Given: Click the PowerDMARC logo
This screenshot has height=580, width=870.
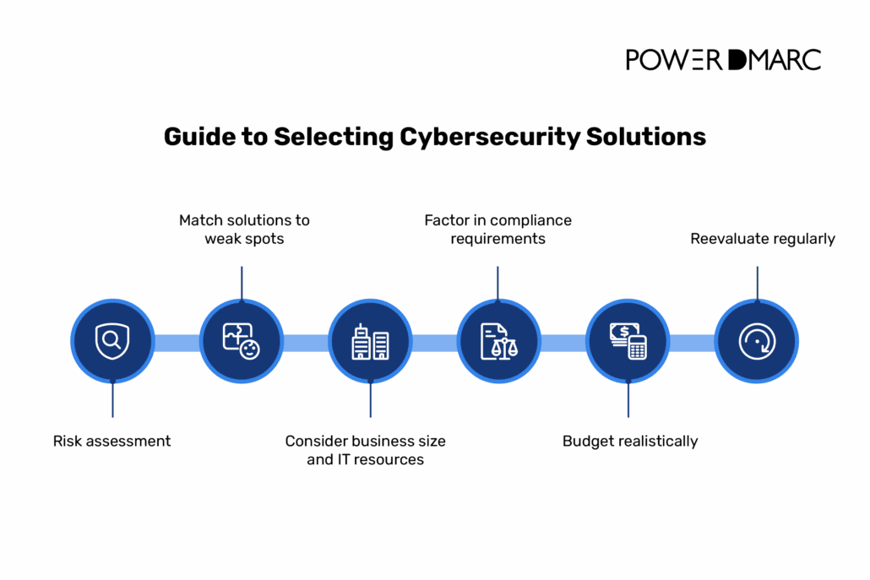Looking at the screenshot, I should coord(723,59).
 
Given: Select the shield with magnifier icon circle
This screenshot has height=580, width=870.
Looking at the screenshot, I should coord(112,342).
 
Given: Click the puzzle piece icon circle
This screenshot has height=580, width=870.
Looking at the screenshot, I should coord(242,342).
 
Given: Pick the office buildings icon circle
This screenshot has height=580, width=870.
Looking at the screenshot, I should coord(370,342).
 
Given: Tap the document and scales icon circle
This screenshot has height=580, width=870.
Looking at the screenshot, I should coord(498,342).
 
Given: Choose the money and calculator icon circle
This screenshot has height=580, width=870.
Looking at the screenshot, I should coord(628,342).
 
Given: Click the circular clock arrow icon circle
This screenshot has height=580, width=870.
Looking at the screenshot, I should coord(756,342).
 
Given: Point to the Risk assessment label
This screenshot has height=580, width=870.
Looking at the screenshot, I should coord(111,441).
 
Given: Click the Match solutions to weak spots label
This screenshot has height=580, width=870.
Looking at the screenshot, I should coord(244,230).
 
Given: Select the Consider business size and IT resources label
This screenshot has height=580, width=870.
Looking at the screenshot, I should coord(365,450).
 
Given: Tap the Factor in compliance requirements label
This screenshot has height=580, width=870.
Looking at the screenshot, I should coord(498,230).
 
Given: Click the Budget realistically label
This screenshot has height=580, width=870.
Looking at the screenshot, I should coord(630,441).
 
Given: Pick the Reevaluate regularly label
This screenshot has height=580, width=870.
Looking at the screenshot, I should coord(763,239).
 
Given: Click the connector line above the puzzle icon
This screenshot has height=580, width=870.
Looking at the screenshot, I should coord(242,282).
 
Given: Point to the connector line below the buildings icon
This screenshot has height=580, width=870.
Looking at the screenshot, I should coord(370,400).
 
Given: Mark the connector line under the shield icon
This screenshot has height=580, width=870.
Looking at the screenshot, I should coord(112,400).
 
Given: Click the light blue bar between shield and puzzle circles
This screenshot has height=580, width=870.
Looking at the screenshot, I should coord(177,342).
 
